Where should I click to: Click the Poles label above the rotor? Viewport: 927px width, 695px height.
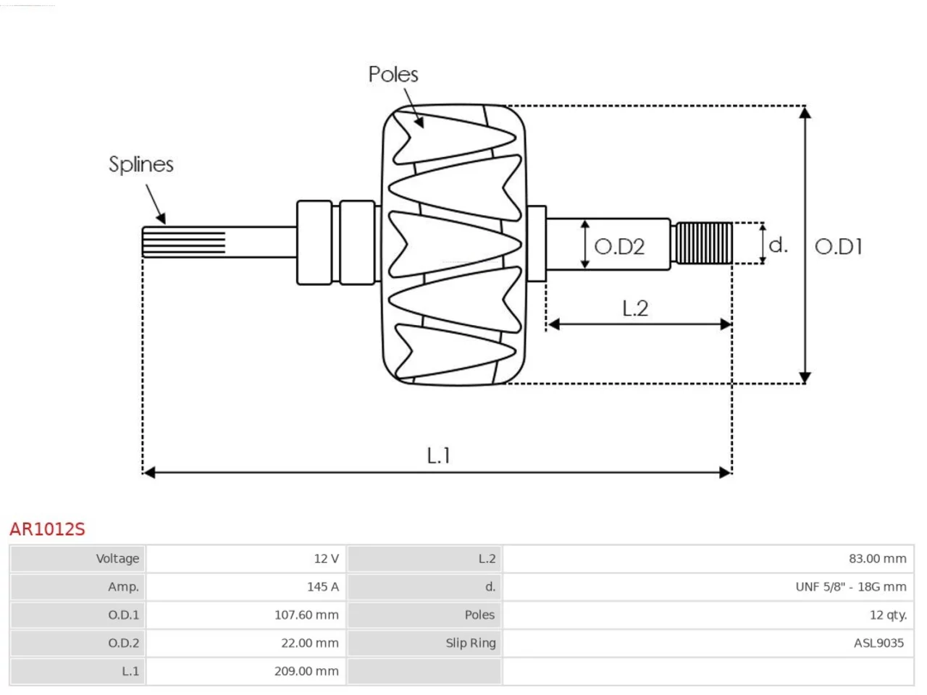pyautogui.click(x=393, y=75)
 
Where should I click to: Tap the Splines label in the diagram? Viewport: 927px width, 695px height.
pyautogui.click(x=141, y=164)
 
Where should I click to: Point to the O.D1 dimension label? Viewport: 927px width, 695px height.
pyautogui.click(x=839, y=246)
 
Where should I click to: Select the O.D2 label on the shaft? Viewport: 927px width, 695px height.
pyautogui.click(x=619, y=246)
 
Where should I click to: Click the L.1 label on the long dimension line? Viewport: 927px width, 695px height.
pyautogui.click(x=438, y=456)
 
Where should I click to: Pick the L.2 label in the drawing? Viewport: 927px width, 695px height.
pyautogui.click(x=635, y=308)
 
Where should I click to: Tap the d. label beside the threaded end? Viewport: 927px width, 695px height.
pyautogui.click(x=778, y=245)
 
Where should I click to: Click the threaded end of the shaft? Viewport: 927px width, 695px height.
pyautogui.click(x=705, y=243)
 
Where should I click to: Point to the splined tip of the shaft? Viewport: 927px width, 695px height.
pyautogui.click(x=184, y=243)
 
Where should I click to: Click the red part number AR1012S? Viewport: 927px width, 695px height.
pyautogui.click(x=47, y=529)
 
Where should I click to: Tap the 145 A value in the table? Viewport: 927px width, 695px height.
pyautogui.click(x=323, y=587)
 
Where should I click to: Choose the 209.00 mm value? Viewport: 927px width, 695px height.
pyautogui.click(x=306, y=671)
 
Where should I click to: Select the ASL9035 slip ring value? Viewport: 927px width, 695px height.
pyautogui.click(x=879, y=643)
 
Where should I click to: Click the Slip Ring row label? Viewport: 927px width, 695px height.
pyautogui.click(x=471, y=643)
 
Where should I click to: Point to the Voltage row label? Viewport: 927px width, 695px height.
pyautogui.click(x=117, y=559)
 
